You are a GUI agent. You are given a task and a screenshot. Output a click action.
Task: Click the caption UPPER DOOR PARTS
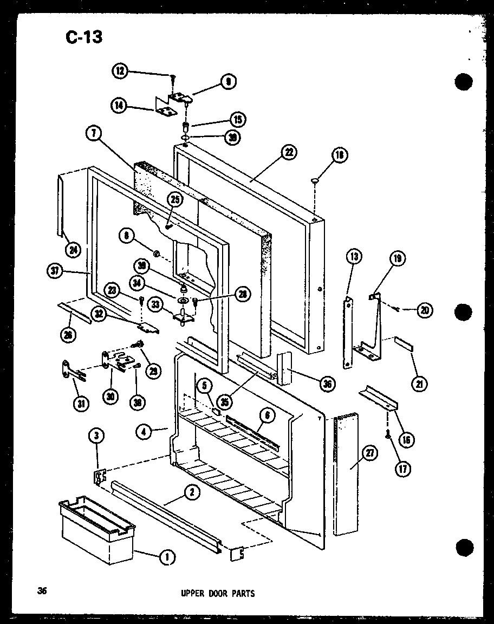217,593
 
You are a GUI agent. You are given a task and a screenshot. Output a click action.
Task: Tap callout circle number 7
94,132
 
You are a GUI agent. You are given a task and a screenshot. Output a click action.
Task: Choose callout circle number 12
121,70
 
